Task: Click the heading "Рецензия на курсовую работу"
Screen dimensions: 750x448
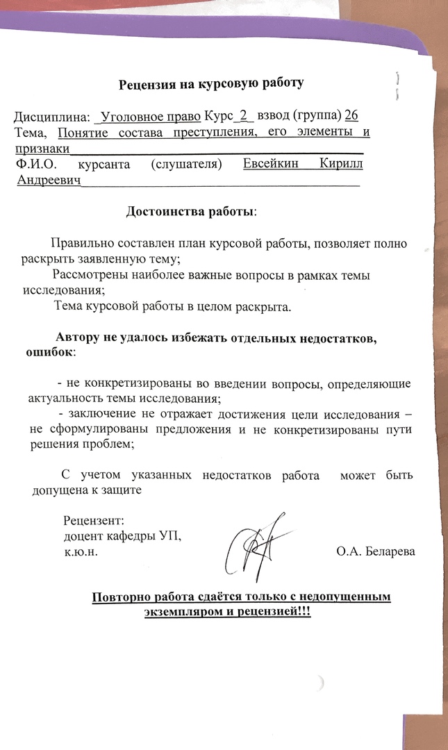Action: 211,84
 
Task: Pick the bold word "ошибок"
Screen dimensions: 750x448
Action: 49,352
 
